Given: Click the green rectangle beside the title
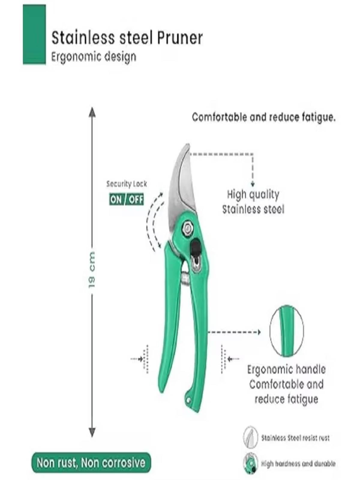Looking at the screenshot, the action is (34, 34).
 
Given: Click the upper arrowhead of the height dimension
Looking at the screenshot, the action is (92, 112).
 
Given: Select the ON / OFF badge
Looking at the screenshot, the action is (126, 199).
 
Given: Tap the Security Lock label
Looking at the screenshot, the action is (127, 184).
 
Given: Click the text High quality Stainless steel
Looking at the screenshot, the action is (253, 202).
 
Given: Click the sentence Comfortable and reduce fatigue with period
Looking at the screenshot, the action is (264, 118).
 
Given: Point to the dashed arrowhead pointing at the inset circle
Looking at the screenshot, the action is (259, 332).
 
